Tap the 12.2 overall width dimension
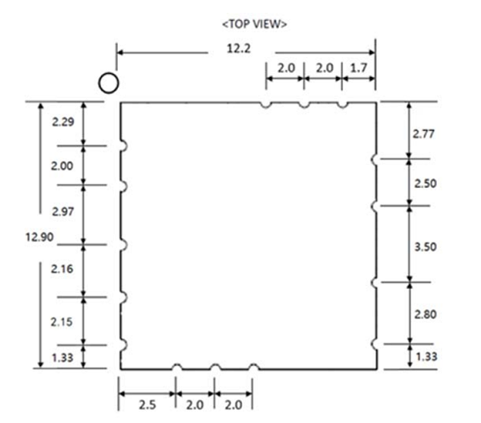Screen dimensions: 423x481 (x=239, y=50)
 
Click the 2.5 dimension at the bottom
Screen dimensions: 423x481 (x=148, y=404)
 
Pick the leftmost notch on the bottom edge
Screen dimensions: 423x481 (x=176, y=368)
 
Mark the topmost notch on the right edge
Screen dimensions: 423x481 (x=374, y=159)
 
